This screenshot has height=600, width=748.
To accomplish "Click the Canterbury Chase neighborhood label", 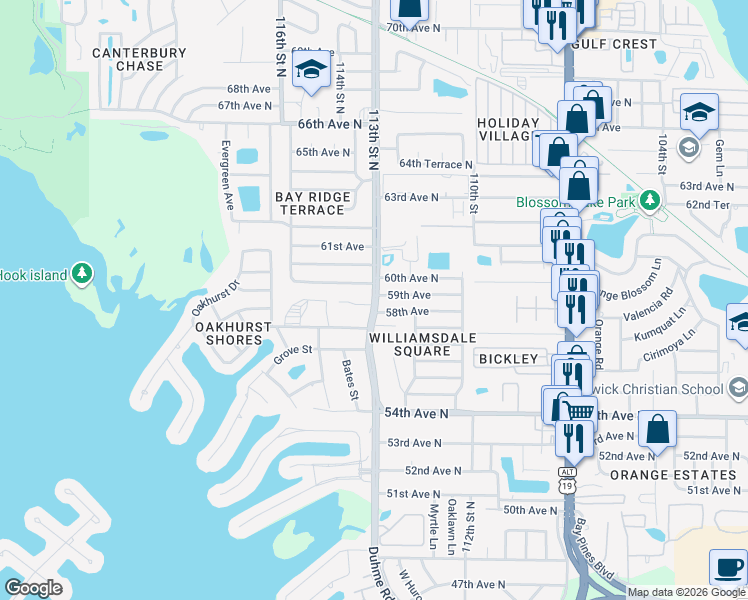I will point(139,59).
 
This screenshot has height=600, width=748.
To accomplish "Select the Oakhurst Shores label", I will point(228,333).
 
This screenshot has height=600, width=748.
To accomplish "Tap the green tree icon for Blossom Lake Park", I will point(651,201).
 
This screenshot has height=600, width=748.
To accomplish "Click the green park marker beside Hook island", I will point(82,274).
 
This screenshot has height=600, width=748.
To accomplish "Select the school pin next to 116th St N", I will point(312,70).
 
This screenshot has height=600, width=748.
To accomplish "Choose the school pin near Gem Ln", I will point(699,112).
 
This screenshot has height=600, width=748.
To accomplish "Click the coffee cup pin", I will point(727,567).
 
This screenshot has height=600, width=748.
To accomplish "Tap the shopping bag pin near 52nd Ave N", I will point(658,428).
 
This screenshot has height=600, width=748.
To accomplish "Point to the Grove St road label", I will point(294,350).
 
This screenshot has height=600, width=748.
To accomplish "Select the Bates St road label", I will point(350,380).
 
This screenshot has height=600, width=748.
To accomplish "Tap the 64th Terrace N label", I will point(435,163).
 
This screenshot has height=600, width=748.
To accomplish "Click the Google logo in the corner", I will point(33,587).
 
